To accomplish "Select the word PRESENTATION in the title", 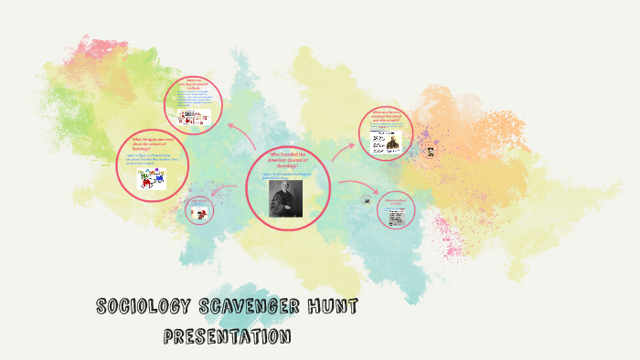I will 227,337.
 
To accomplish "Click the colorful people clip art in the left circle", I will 152,179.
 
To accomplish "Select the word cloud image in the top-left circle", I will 194,116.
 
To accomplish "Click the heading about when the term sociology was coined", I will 387,118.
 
